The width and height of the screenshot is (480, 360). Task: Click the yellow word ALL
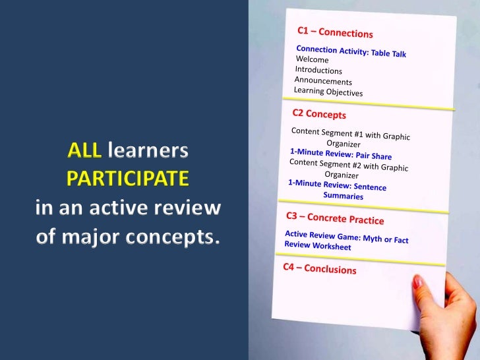coord(84,152)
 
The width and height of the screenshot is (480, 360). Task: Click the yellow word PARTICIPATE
coord(127,179)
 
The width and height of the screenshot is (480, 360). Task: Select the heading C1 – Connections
coord(335,32)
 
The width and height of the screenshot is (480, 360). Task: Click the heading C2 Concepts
coord(319,114)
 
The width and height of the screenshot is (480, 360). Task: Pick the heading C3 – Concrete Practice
coord(334,218)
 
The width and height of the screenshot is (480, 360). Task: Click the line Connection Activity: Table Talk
coord(351,51)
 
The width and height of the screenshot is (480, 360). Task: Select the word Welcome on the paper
coord(312,59)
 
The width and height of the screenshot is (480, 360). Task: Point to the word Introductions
coord(318,70)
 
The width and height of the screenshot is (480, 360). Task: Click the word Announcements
coord(323,80)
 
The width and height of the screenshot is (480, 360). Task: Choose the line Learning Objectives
coord(328,91)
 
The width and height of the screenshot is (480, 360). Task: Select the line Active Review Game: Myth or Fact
coord(346,237)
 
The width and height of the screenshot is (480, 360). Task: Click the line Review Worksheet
coord(317,246)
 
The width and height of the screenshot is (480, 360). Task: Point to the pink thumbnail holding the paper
coord(417,282)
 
